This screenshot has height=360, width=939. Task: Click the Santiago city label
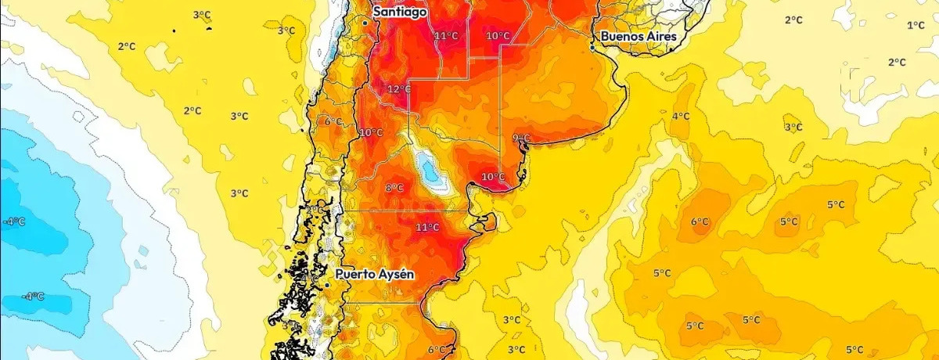click(400, 13)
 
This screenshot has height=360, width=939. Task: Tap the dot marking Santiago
click(365, 23)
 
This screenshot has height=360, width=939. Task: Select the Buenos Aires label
click(639, 36)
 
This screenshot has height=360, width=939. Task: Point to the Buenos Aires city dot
click(592, 47)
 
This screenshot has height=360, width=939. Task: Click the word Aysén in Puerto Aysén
click(394, 275)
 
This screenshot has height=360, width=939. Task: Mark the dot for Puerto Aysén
click(326, 286)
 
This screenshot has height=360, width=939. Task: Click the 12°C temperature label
click(399, 88)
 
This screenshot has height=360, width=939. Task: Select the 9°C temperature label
click(520, 139)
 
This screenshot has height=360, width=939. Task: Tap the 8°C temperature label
click(394, 187)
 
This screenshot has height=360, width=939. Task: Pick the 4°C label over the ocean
click(681, 116)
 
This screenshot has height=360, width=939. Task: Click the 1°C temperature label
click(916, 25)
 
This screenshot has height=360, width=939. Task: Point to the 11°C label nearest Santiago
click(446, 36)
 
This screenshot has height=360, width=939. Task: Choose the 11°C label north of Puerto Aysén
click(427, 228)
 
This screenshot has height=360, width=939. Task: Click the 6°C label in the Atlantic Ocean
click(699, 221)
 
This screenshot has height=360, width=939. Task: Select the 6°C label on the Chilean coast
click(333, 121)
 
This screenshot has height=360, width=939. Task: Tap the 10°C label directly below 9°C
click(492, 176)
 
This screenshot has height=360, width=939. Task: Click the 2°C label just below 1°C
click(897, 62)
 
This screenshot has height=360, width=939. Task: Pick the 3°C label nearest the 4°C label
click(793, 127)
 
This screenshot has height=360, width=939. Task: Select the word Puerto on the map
click(354, 275)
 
